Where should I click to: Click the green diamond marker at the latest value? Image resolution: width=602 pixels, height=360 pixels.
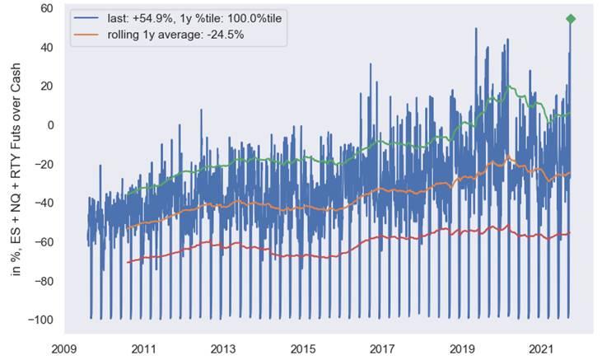coord(570,19)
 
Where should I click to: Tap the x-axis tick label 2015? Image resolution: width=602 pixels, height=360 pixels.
coord(303,348)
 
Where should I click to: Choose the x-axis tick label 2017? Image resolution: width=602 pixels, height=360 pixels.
coord(383,348)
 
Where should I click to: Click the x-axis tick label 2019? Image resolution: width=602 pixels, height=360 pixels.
coord(464,348)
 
